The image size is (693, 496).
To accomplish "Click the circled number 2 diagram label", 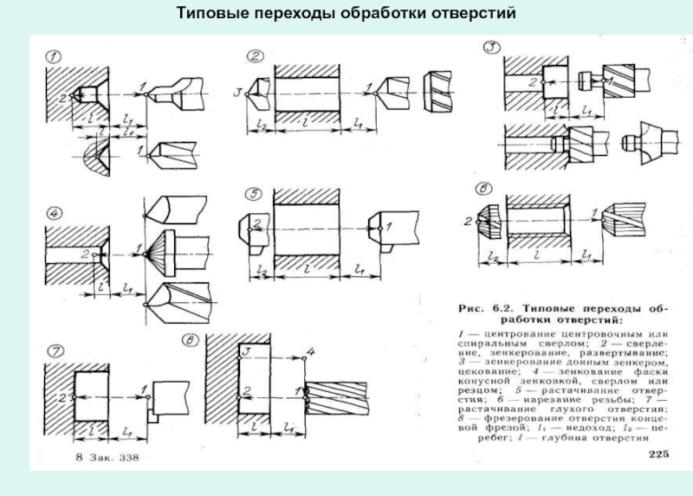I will click(x=256, y=57).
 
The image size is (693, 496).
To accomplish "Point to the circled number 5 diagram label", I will click(x=252, y=192).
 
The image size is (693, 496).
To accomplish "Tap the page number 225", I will click(x=658, y=454).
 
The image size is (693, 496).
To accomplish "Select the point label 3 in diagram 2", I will click(x=237, y=91).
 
